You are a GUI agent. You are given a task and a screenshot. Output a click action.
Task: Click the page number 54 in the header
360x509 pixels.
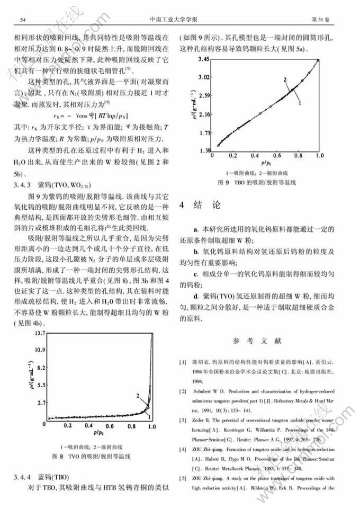[x=23, y=20]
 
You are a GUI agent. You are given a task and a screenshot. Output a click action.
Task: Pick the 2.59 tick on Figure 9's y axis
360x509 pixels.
[x=203, y=96]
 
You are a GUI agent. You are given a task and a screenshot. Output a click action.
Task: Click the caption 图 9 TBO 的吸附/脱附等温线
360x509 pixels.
[x=257, y=182]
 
